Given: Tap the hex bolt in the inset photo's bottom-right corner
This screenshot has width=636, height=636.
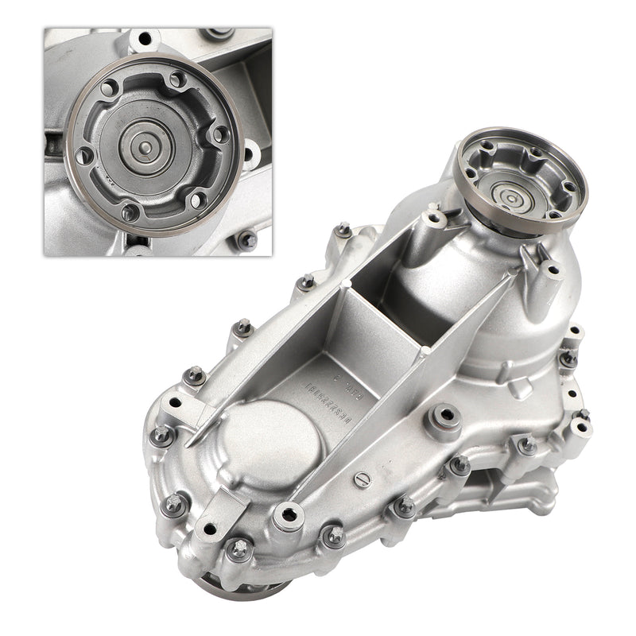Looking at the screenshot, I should pos(247,238).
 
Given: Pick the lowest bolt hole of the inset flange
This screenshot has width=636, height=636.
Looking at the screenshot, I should pos(130,212).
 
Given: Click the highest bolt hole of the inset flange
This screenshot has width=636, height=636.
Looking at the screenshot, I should pos(176,79).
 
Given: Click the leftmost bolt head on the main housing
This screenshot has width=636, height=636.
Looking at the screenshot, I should pos(161,434).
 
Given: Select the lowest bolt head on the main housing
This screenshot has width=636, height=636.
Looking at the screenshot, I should pos(238,547).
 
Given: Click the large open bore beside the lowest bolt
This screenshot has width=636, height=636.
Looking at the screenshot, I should pos(289,517).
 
